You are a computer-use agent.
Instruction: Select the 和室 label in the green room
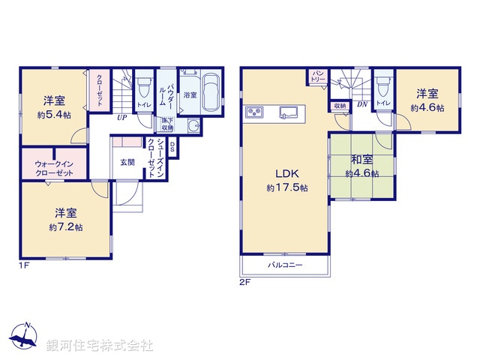pos(361,159)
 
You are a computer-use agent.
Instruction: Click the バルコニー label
pos(285,265)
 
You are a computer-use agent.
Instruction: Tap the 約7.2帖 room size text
pos(64,226)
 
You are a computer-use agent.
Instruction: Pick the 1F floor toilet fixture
pos(143,88)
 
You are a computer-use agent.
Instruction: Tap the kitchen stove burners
pos(253,113)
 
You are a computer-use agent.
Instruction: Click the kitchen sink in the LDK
pos(288,113)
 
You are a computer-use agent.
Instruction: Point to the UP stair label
pos(120,117)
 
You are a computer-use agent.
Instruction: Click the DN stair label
pos(361,105)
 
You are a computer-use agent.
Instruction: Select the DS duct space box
pos(172,146)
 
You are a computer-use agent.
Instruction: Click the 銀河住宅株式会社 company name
pos(100,345)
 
